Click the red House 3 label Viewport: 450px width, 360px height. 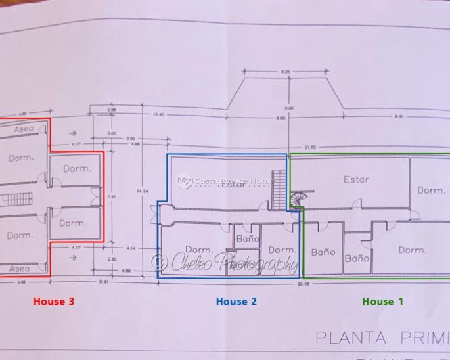53,301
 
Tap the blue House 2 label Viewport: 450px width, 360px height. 236,301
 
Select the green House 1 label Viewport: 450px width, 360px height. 382,301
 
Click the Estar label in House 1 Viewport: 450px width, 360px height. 356,179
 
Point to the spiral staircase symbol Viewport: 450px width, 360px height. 298,200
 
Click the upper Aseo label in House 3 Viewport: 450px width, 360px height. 24,128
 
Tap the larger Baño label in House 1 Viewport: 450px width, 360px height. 323,252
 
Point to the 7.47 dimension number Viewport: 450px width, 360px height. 113,196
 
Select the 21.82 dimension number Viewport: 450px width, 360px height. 311,146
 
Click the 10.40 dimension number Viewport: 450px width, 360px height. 158,114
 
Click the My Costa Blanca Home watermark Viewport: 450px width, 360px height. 225,181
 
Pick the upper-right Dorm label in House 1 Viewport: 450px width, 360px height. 431,190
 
